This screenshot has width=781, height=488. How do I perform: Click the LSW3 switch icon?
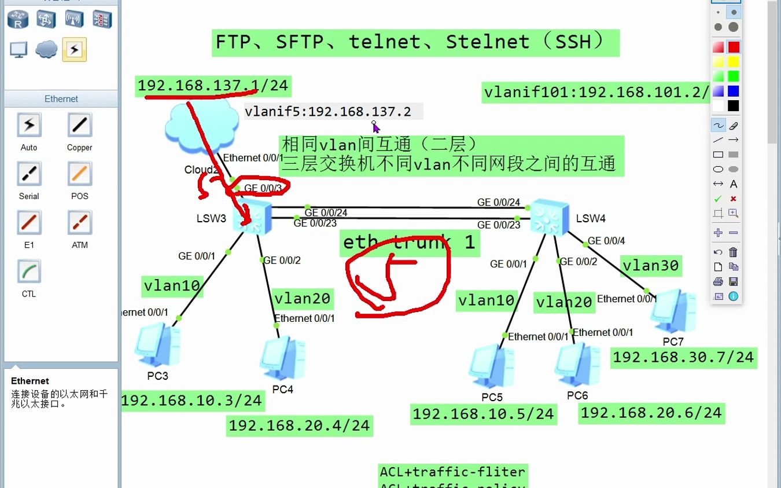click(x=253, y=216)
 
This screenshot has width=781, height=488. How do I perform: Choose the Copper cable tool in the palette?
click(x=79, y=124)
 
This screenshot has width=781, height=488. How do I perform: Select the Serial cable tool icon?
click(x=29, y=174)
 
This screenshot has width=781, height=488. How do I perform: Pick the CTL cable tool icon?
click(x=29, y=271)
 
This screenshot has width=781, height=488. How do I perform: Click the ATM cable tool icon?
click(x=79, y=222)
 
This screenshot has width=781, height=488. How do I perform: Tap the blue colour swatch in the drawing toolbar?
click(x=733, y=91)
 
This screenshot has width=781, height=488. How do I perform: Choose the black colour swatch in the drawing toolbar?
click(x=733, y=106)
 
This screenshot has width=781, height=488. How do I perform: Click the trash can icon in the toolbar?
click(x=733, y=252)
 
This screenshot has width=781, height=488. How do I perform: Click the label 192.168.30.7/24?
click(x=683, y=357)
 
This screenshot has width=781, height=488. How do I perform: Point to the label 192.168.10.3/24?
click(x=192, y=400)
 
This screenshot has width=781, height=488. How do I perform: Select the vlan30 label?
click(x=650, y=265)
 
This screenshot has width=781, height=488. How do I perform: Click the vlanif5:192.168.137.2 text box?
click(x=329, y=111)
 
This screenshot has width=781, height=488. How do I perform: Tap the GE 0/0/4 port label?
click(x=606, y=240)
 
